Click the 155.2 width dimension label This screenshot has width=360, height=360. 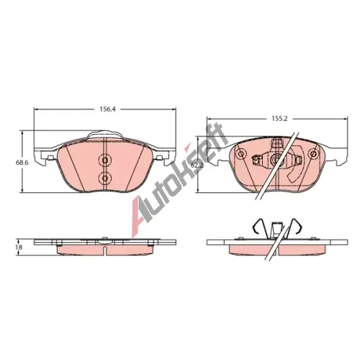pos(279,118)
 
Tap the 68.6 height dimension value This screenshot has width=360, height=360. pos(22,163)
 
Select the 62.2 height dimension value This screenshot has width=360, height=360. pos(197,165)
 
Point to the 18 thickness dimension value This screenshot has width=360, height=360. pos(20,247)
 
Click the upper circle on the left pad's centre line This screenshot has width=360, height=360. pos(105,160)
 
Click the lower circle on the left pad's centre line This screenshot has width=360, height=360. pos(105,178)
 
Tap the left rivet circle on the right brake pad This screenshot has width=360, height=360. pos(240,153)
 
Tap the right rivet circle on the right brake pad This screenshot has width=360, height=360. pos(313,153)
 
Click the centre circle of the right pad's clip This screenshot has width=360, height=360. pos(276,159)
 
